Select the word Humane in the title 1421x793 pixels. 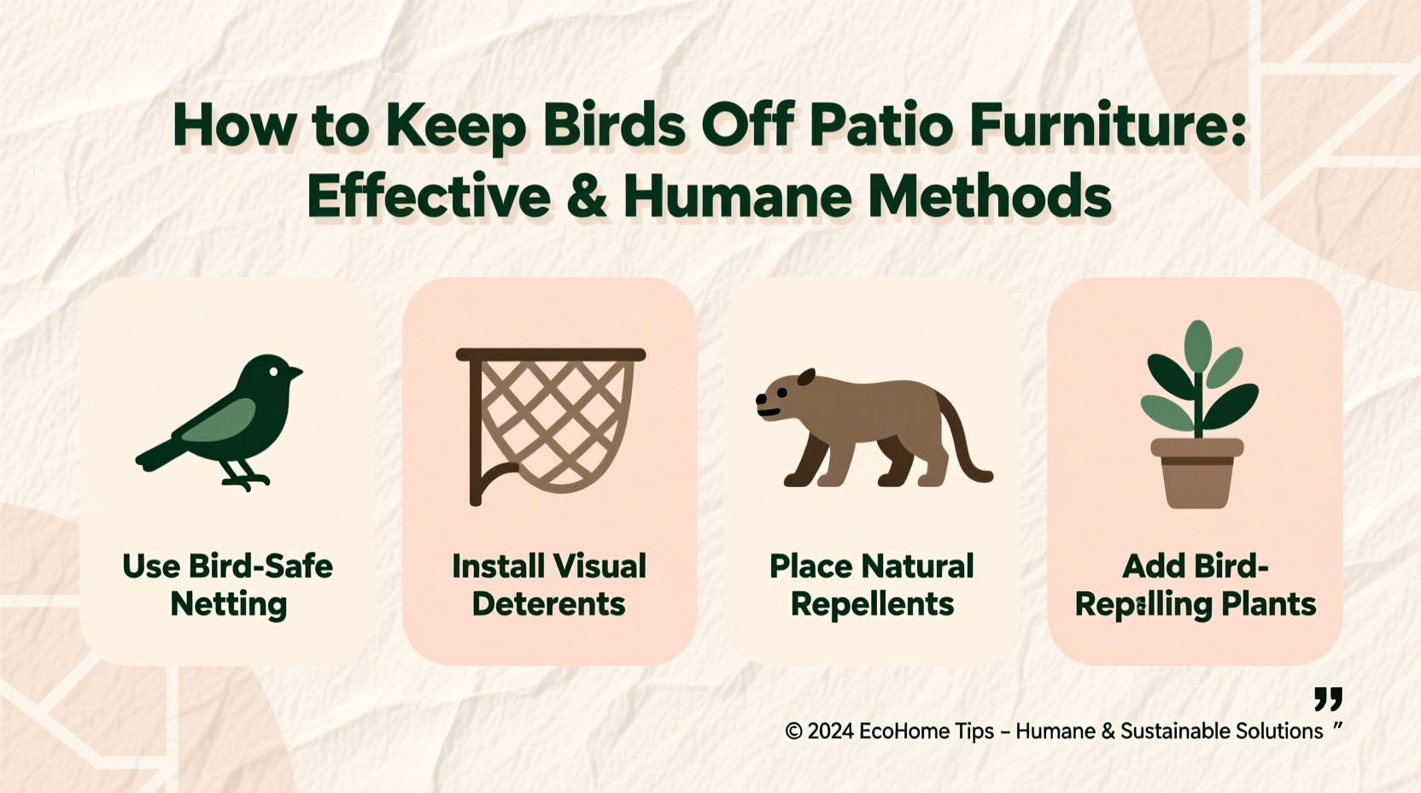737,197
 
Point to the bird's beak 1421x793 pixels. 295,373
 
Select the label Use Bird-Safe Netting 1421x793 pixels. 228,584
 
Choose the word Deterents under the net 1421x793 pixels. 548,604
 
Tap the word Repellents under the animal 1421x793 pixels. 872,604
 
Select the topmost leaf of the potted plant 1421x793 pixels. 1198,343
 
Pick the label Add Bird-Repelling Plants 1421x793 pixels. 1195,584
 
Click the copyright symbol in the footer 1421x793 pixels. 793,731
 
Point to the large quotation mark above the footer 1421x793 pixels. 1328,699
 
